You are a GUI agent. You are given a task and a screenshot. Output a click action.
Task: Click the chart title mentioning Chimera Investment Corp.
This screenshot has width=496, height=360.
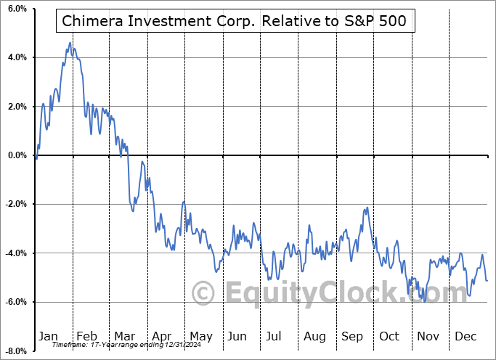236,22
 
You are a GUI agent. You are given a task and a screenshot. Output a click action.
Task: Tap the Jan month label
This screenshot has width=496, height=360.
48,336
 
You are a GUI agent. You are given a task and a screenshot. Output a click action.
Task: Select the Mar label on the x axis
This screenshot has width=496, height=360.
124,336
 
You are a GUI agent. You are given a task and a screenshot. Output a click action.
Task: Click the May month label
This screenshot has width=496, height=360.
200,336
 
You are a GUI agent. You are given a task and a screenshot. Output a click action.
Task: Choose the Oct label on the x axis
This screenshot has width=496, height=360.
389,336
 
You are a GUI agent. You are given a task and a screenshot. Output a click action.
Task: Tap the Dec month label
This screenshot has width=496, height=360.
465,336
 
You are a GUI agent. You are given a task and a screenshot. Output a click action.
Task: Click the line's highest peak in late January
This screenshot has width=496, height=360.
70,43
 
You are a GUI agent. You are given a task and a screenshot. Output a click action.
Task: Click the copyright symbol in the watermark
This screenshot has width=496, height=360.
203,294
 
